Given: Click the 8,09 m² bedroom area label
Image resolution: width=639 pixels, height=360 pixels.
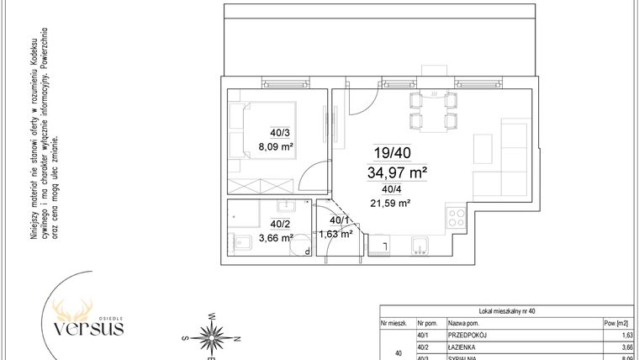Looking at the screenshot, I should (277, 146).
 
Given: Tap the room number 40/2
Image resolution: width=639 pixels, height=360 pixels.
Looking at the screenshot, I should (279, 224).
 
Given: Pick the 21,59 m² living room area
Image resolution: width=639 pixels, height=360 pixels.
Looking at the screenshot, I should (390, 203).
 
